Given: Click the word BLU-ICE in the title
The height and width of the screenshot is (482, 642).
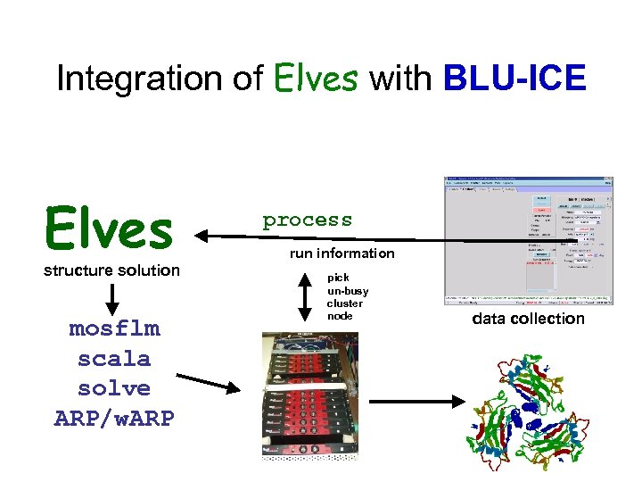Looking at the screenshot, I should (x=514, y=79).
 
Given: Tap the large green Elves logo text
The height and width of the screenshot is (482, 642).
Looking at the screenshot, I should (x=110, y=227).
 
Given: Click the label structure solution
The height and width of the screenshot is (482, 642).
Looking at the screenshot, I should (x=112, y=270).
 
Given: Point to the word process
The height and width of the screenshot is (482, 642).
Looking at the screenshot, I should (x=307, y=220).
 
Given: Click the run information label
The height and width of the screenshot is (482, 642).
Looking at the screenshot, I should (x=342, y=253).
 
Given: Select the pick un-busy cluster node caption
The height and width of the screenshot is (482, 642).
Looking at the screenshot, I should (x=348, y=296).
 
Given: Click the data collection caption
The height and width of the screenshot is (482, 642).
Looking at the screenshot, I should (x=528, y=319).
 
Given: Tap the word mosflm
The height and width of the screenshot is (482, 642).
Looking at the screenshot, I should (x=114, y=328).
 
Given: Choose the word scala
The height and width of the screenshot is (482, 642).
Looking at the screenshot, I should (x=114, y=359).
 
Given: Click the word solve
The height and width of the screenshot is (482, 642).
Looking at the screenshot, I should (x=114, y=389).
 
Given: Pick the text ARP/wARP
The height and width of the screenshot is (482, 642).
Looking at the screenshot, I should (x=114, y=419).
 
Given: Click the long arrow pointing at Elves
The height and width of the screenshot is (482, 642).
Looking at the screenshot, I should (x=321, y=237).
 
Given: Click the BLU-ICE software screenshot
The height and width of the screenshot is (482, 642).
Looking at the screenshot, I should (x=529, y=239).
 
